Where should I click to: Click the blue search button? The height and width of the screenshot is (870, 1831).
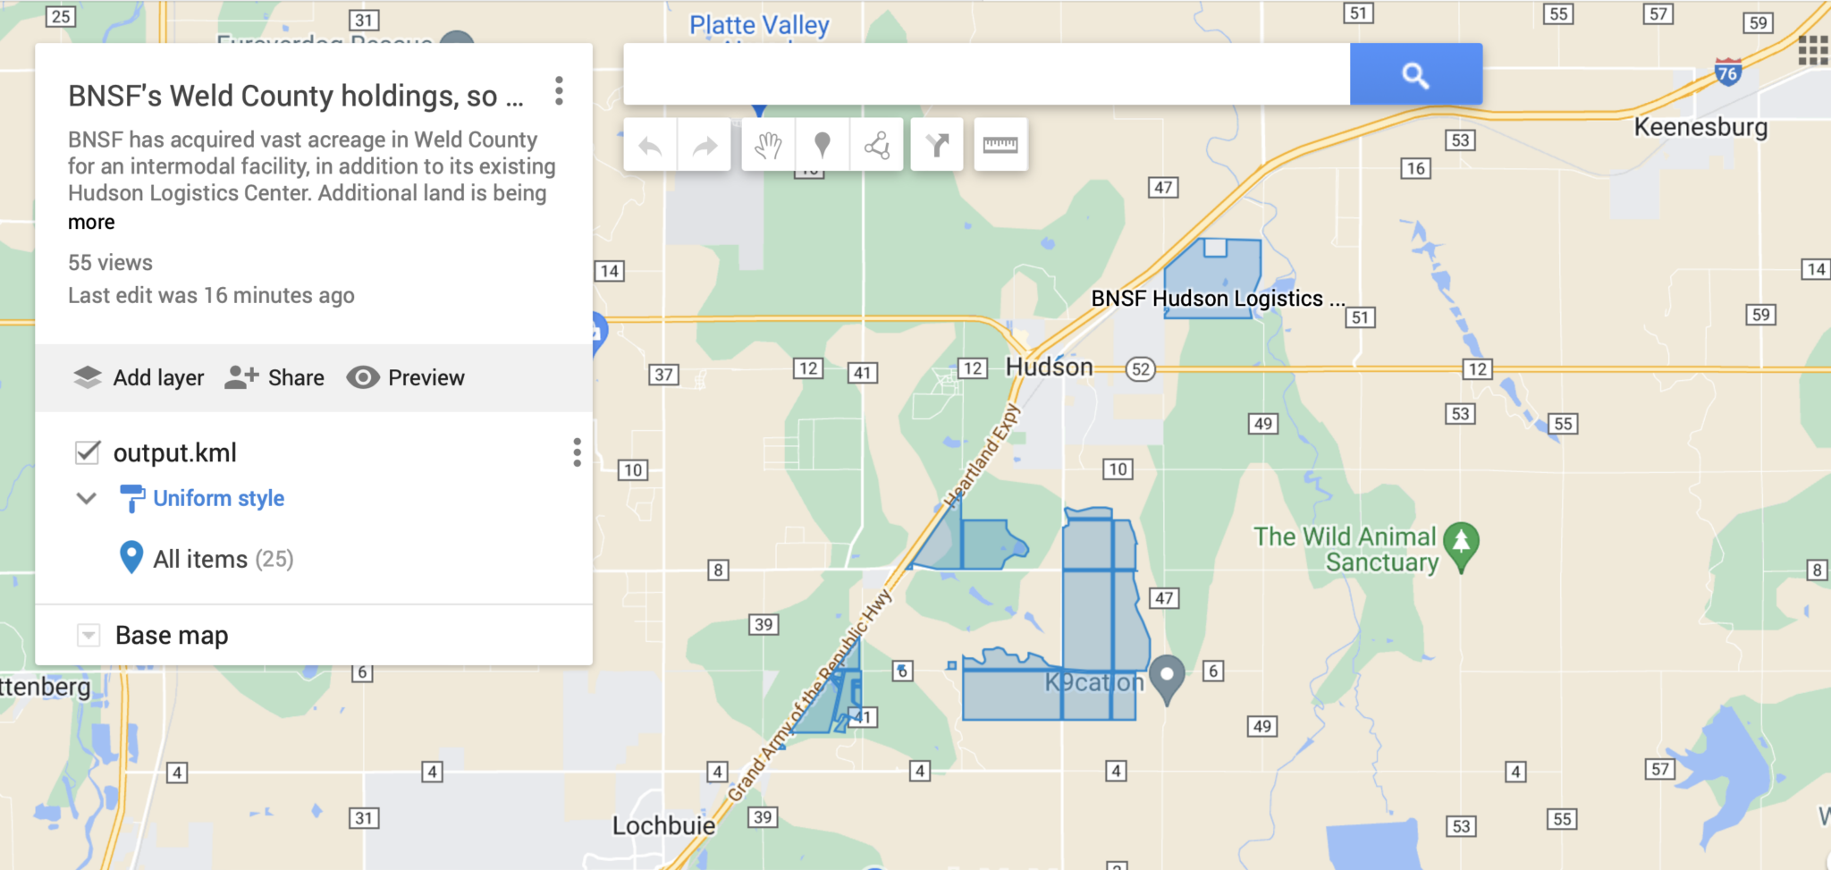coord(1415,74)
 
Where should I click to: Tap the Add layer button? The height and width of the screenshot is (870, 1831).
coord(139,377)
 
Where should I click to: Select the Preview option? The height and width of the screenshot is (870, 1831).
coord(406,377)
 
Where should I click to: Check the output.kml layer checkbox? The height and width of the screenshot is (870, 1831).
coord(88,452)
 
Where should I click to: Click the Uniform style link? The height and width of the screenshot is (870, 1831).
coord(218,498)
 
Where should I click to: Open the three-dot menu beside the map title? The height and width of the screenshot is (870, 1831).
coord(559,91)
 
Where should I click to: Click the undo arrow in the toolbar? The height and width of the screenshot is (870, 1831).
coord(650,145)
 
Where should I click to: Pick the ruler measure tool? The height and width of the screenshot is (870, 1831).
coord(1000,145)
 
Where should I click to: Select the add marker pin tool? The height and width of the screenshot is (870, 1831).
coord(822,145)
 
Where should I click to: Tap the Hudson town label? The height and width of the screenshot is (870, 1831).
coord(1049,367)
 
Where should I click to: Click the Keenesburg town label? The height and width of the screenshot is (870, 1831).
coord(1700,127)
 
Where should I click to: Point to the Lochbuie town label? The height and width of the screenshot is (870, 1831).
coord(663,825)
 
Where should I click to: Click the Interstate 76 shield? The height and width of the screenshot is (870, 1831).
coord(1727,72)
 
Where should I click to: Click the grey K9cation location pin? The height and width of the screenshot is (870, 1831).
coord(1166,676)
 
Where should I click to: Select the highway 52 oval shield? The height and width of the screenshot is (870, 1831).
coord(1140,369)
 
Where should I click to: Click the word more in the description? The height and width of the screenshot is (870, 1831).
coord(91,222)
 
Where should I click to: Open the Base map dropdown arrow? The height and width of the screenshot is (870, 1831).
coord(89,635)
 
